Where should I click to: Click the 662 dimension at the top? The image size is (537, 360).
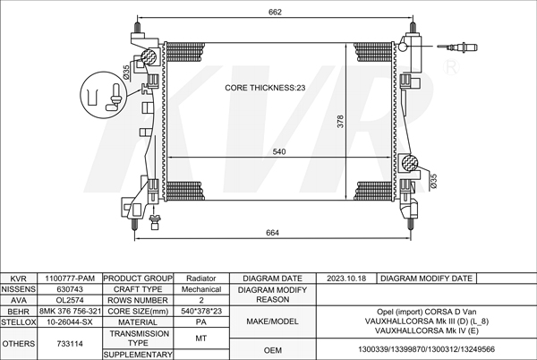click(275, 12)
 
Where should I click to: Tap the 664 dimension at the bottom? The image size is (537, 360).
click(272, 233)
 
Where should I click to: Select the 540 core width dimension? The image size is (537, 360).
click(279, 151)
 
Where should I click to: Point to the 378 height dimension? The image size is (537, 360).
click(340, 122)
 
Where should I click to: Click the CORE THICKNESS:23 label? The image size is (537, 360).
click(265, 88)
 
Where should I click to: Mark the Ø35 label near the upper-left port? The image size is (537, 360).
click(125, 73)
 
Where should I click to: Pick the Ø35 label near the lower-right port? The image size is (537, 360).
click(433, 181)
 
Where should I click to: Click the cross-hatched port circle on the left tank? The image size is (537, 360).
click(149, 56)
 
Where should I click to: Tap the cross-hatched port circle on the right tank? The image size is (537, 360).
click(410, 162)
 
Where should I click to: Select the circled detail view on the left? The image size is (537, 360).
click(104, 95)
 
